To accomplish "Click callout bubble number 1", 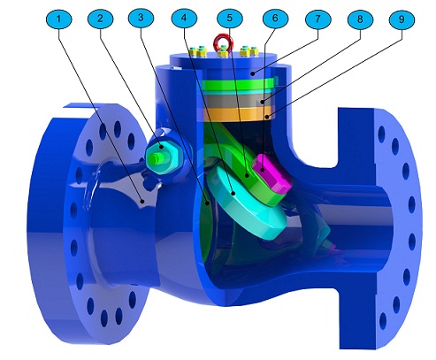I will [59, 17].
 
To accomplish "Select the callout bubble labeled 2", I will [100, 17].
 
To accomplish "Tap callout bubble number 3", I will [141, 17].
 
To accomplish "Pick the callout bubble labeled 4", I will [185, 17].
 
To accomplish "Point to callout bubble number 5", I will [228, 17].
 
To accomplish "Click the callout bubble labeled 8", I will [358, 17].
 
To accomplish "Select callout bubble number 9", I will [401, 17].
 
